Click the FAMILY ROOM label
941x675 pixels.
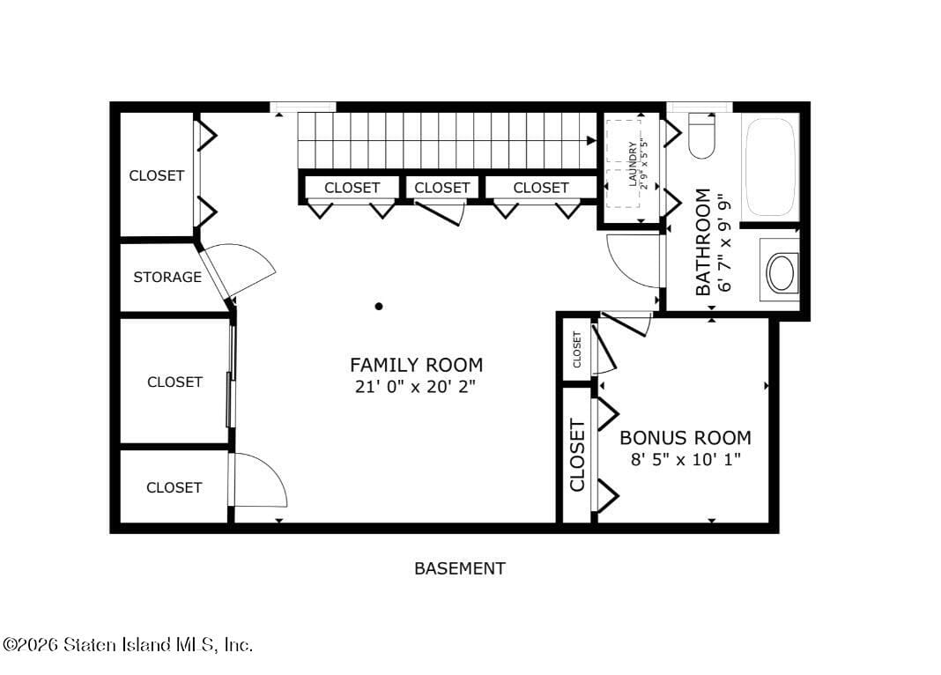[416, 365]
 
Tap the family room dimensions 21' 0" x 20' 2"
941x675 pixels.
[416, 386]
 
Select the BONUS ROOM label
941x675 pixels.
[685, 438]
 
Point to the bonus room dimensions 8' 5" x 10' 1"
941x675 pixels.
[685, 459]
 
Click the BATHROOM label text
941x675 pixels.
[703, 241]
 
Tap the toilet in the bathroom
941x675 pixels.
[701, 137]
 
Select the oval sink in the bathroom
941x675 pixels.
[781, 273]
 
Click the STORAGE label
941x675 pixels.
[167, 278]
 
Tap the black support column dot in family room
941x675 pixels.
[379, 307]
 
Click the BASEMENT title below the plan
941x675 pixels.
[460, 568]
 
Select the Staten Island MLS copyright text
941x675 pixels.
[128, 645]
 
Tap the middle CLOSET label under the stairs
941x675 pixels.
[441, 188]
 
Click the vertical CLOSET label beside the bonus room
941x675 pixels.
[577, 456]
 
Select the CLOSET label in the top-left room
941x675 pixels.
[157, 175]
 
